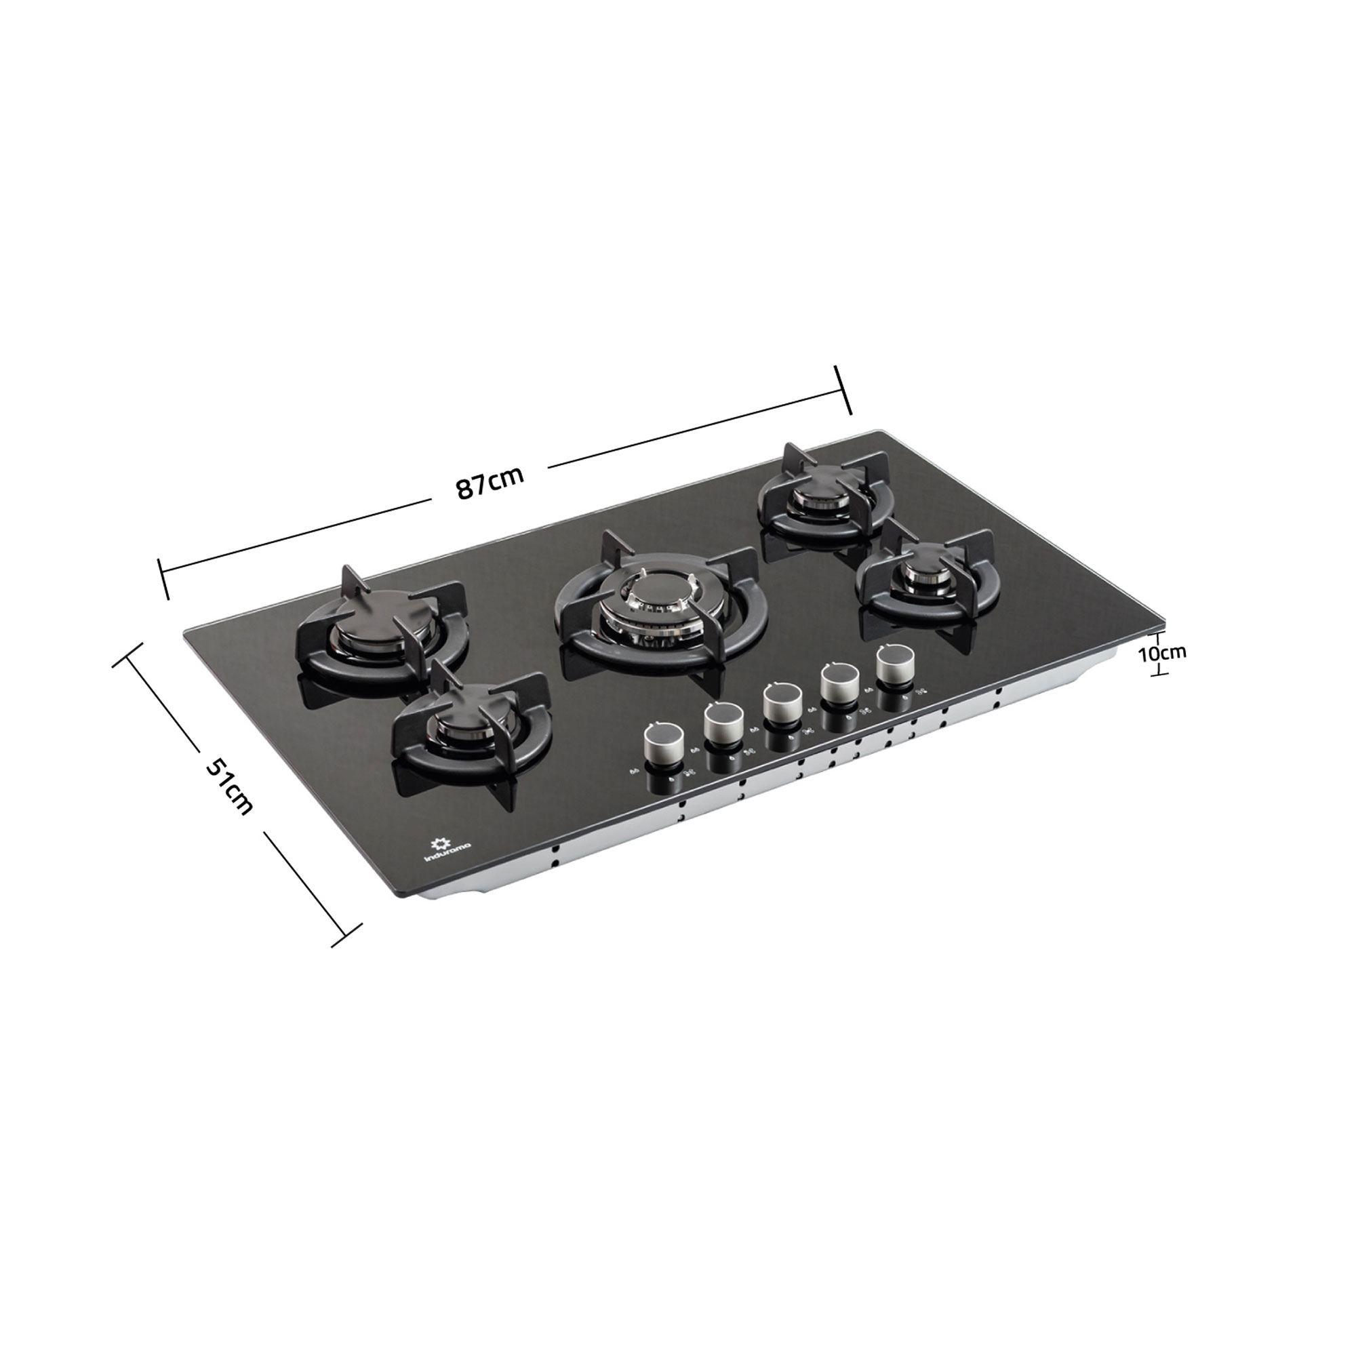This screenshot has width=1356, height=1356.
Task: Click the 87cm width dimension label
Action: (490, 482)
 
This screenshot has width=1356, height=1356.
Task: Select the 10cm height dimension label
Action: (1161, 652)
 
